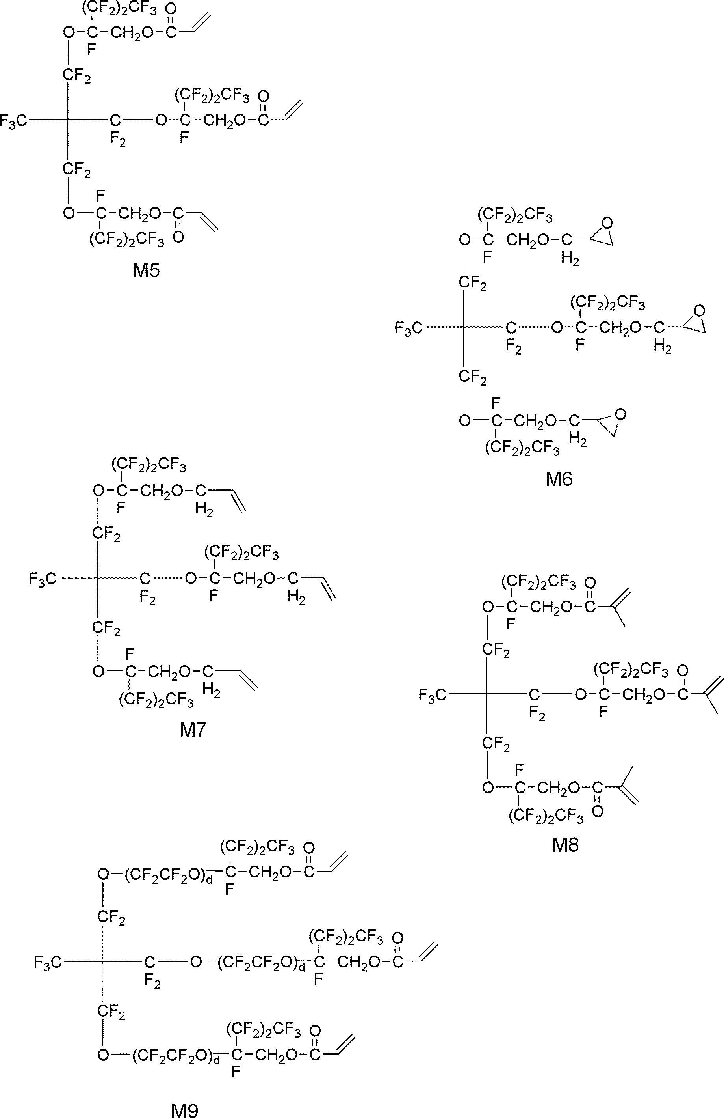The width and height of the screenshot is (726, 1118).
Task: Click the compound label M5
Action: [x=146, y=271]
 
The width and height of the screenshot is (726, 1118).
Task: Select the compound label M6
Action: [x=559, y=479]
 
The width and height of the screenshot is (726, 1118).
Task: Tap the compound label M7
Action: [x=192, y=730]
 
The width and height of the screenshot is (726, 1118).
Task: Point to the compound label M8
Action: [x=565, y=845]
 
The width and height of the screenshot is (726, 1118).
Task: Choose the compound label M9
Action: [x=184, y=1110]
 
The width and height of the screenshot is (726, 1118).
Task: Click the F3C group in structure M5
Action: [x=13, y=121]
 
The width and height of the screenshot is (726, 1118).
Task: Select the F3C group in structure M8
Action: [x=432, y=695]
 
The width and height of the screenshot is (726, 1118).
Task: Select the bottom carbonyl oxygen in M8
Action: [x=598, y=811]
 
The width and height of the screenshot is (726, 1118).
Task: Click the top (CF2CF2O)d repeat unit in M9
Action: [x=169, y=875]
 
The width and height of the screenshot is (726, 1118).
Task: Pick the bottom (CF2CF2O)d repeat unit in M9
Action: [x=176, y=1056]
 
